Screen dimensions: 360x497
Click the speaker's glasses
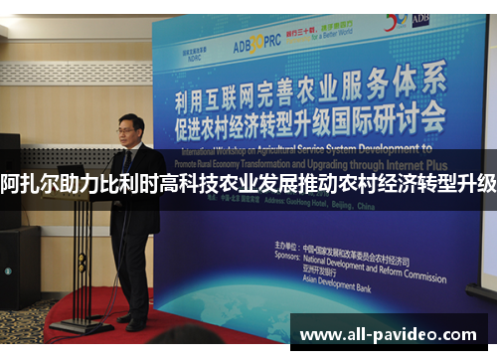pyautogui.click(x=129, y=129)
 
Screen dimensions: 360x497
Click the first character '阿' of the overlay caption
pyautogui.click(x=12, y=184)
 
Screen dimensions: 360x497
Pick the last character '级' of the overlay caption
pyautogui.click(x=485, y=184)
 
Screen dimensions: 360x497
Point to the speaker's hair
pyautogui.click(x=130, y=119)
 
